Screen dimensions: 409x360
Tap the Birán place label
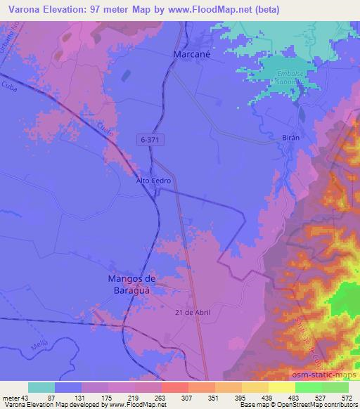pos(290,138)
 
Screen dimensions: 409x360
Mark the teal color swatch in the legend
pos(41,387)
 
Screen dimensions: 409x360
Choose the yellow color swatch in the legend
pos(282,387)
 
